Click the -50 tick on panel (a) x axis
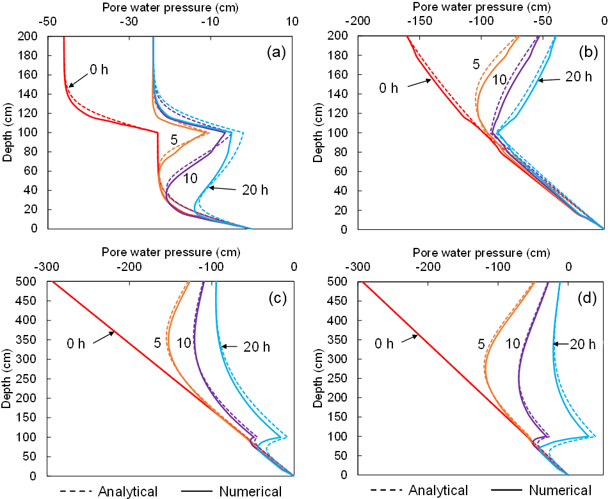[46, 20]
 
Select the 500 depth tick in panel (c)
[33, 281]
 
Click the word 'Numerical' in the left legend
[250, 491]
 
